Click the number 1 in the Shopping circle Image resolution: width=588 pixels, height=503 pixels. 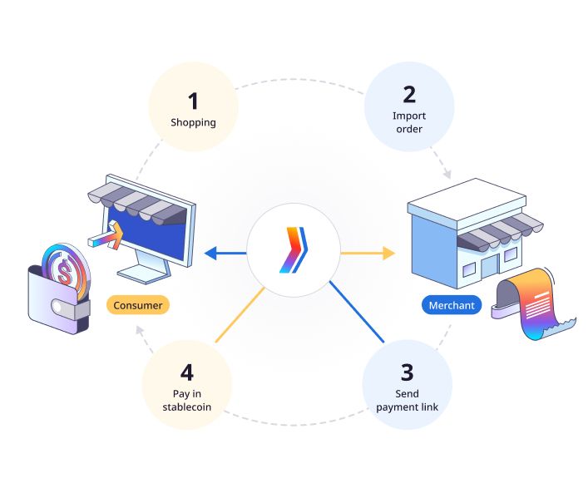(x=193, y=101)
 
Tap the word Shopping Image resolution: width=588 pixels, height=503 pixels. (x=193, y=122)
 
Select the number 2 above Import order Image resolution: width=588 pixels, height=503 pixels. (x=409, y=95)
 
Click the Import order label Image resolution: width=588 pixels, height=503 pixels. (x=409, y=122)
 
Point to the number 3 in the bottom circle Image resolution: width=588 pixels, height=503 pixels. (x=408, y=372)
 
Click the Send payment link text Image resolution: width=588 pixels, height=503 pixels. (x=408, y=400)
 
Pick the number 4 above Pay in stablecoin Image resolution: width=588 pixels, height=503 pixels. (x=187, y=372)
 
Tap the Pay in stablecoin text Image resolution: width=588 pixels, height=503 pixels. (x=187, y=400)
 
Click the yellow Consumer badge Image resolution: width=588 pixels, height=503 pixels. (x=138, y=305)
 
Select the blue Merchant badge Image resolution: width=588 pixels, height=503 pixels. (x=452, y=305)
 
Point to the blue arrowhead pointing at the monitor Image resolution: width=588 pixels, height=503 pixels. (x=210, y=253)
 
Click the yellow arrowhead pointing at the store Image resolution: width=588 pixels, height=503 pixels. (x=388, y=253)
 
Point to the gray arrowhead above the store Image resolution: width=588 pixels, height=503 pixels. (x=447, y=175)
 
